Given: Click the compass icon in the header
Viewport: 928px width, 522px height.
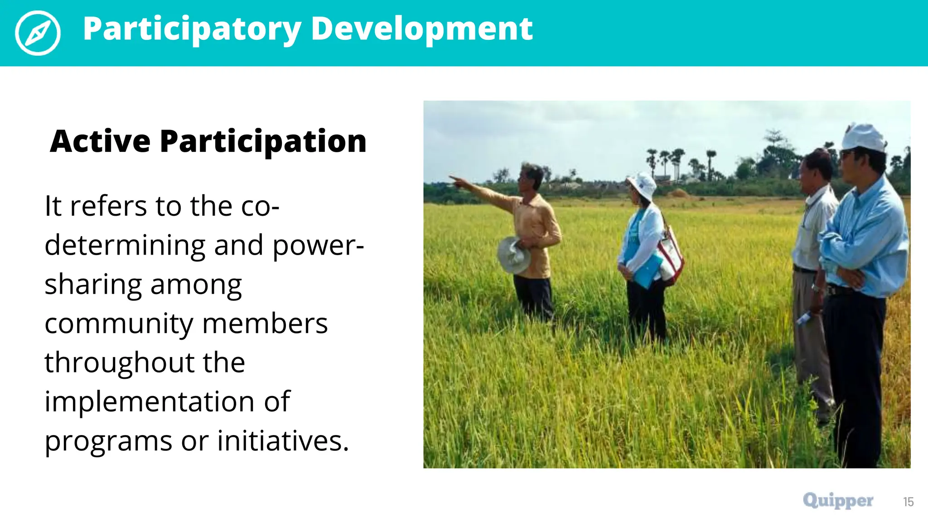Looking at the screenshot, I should point(38,33).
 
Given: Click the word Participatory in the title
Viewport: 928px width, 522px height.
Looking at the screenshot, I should point(192,29).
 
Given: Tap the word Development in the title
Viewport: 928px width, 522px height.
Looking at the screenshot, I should point(421,29).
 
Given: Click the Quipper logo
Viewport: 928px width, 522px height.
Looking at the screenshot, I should point(838,501).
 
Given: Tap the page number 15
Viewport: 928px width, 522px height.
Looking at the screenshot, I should point(908,502).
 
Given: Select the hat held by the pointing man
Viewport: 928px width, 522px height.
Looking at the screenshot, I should point(514,255).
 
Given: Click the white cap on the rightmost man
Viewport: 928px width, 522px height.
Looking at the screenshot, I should point(864,137).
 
